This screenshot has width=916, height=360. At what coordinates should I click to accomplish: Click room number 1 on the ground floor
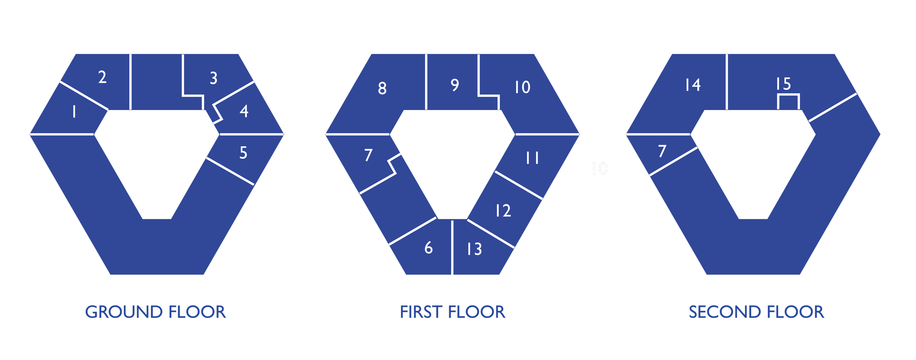coord(74,111)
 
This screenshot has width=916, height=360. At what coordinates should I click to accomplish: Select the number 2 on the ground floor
coord(103,77)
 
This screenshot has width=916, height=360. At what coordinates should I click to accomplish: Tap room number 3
coord(214,78)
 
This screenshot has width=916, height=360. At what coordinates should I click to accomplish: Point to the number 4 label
coord(244,111)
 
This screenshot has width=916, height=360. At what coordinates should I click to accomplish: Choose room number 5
coord(243,153)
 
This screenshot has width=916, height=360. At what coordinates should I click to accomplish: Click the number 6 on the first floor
coord(429,248)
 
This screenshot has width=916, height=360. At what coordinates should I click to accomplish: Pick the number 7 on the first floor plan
coord(369,155)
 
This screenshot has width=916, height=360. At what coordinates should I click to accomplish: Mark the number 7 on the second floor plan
coord(662,151)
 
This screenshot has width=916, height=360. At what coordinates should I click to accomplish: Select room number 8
coord(382,88)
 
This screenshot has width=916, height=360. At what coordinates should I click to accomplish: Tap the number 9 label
coord(455,85)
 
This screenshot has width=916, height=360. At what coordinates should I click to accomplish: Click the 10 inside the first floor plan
coord(522,87)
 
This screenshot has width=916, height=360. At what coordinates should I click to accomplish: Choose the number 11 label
coord(532,158)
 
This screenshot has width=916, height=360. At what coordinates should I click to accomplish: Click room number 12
coord(503,211)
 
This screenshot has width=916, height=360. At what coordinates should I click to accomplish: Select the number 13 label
coord(474,249)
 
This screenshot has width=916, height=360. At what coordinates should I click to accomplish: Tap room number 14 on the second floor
coord(693,85)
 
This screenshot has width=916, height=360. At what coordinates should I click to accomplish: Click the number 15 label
coord(783,84)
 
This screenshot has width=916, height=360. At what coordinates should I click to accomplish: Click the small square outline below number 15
coord(788,102)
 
